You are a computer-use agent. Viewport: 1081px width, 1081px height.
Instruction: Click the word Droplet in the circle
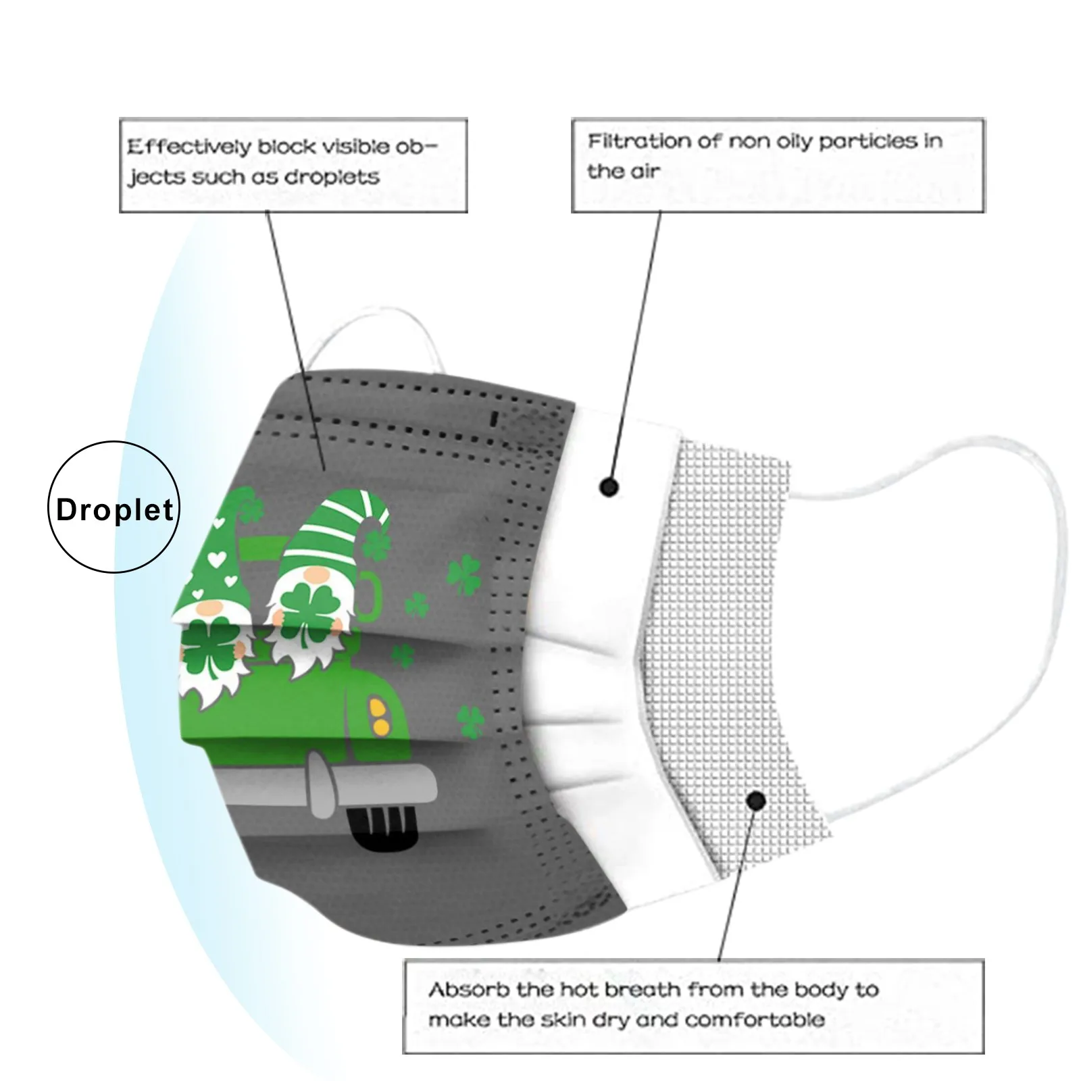coord(114,509)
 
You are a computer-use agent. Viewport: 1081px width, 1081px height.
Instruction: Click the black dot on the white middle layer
coord(609,486)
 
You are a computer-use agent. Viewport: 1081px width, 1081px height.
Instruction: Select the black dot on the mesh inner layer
coord(756,801)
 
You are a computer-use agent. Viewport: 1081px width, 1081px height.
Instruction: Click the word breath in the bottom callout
coord(634,990)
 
